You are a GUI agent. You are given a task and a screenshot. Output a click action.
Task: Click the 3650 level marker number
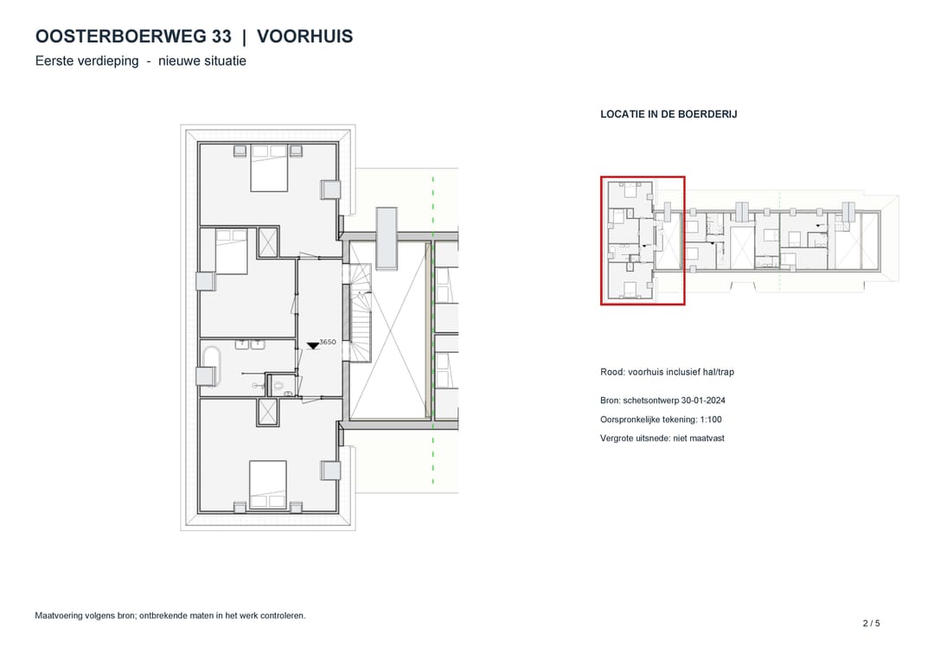click(328, 342)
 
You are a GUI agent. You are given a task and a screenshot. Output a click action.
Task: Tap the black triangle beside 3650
click(313, 346)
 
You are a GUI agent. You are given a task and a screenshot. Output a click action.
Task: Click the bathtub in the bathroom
click(212, 365)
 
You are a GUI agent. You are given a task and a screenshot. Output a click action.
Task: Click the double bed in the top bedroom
click(269, 168)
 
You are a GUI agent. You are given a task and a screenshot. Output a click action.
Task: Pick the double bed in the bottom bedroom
click(268, 485)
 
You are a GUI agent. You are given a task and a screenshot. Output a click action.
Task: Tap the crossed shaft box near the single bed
click(268, 242)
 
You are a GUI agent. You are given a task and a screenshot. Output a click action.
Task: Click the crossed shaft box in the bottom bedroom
click(267, 413)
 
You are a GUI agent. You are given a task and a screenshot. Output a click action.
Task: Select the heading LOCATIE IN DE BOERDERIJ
click(669, 114)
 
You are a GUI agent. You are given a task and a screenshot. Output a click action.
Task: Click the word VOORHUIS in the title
click(305, 36)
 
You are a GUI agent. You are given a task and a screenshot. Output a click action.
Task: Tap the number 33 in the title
click(221, 36)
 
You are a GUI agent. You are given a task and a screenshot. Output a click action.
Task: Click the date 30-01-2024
click(703, 401)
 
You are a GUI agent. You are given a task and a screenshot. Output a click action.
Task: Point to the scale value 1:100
click(711, 420)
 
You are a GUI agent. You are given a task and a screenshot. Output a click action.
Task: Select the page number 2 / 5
click(872, 624)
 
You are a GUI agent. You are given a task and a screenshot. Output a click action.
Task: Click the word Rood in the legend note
click(611, 372)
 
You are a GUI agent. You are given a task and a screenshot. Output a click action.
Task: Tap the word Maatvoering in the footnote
click(59, 616)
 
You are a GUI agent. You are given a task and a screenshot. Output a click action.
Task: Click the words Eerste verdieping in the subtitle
click(87, 61)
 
